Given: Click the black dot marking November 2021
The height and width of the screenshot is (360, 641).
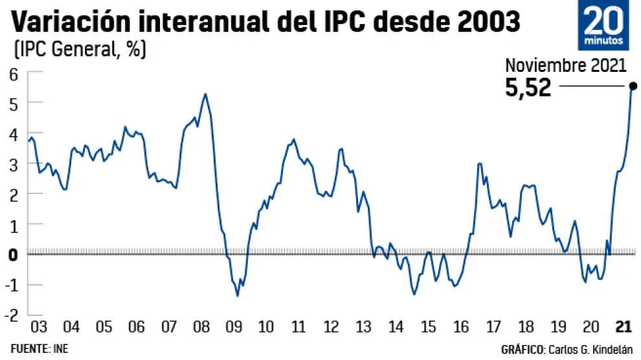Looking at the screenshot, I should click(633, 86).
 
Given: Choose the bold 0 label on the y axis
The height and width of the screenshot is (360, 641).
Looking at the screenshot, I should click(13, 254).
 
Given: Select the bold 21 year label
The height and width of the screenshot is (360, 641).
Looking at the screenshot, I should click(624, 326).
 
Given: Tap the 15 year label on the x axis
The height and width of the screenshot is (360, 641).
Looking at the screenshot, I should click(428, 326).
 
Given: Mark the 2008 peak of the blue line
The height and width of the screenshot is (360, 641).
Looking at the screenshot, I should click(205, 94).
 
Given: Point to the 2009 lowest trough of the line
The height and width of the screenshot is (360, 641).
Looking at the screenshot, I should click(238, 296).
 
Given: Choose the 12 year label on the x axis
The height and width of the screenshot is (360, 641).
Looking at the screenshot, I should click(331, 326).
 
